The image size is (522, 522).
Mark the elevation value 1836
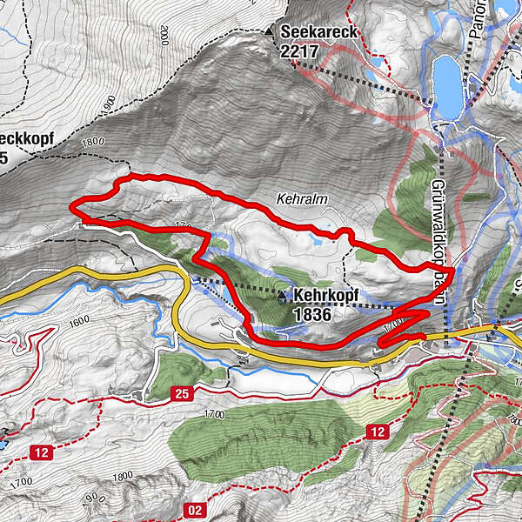coord(312,314)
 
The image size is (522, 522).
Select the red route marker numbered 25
coord(181,393)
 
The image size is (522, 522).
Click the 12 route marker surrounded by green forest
coord(376,432)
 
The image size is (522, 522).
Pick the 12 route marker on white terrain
coord(42,452)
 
